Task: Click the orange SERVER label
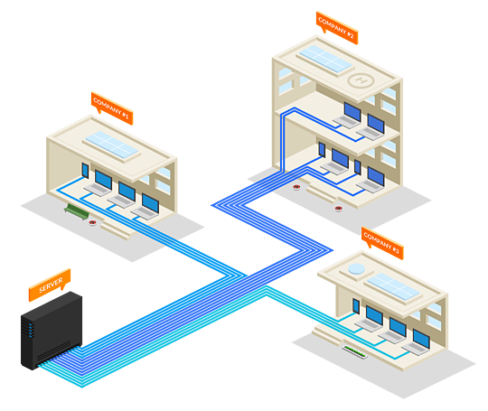[x=50, y=285]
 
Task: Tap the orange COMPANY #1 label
[x=112, y=108]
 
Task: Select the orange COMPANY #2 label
[x=337, y=27]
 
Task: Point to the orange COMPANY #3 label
[x=382, y=243]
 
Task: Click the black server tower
[x=52, y=331]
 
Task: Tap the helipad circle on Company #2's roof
[x=361, y=80]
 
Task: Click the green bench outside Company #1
[x=77, y=211]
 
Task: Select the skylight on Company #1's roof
[x=112, y=145]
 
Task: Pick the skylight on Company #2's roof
[x=325, y=59]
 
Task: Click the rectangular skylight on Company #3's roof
[x=393, y=286]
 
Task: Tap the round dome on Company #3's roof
[x=356, y=269]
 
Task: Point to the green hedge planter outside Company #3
[x=355, y=352]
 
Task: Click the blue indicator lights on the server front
[x=31, y=330]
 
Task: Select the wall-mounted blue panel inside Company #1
[x=85, y=171]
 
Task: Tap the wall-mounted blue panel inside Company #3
[x=356, y=306]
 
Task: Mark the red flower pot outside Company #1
[x=92, y=222]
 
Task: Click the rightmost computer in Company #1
[x=146, y=206]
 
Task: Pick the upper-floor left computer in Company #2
[x=349, y=116]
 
